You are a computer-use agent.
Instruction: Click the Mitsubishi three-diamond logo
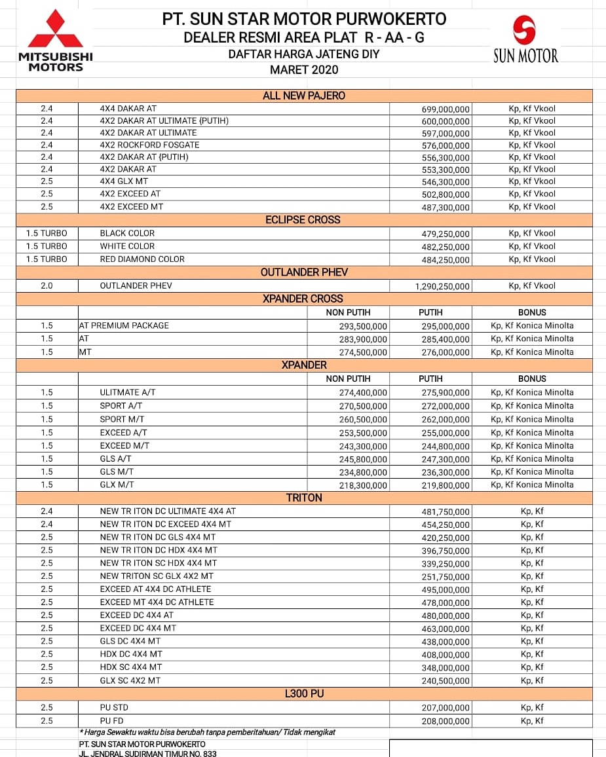pyautogui.click(x=55, y=29)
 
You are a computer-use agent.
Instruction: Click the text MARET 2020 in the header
pyautogui.click(x=304, y=69)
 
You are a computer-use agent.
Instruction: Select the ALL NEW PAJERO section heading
pyautogui.click(x=304, y=96)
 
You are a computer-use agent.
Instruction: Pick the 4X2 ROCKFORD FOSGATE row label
pyautogui.click(x=149, y=145)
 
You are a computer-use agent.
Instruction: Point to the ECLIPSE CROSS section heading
pyautogui.click(x=303, y=220)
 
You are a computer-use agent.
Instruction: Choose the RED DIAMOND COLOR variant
pyautogui.click(x=142, y=259)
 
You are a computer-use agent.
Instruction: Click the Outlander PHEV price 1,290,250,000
pyautogui.click(x=442, y=287)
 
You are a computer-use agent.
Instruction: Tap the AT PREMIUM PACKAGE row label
pyautogui.click(x=124, y=325)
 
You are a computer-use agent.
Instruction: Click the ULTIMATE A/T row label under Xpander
pyautogui.click(x=128, y=392)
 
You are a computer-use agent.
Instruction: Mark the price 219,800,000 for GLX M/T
pyautogui.click(x=445, y=486)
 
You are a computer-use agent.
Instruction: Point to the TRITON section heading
pyautogui.click(x=304, y=498)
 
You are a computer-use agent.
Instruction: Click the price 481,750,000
pyautogui.click(x=445, y=512)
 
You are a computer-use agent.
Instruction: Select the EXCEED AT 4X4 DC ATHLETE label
pyautogui.click(x=157, y=589)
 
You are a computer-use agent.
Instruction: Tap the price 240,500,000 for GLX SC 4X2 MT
pyautogui.click(x=445, y=681)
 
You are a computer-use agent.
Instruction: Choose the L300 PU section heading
pyautogui.click(x=304, y=693)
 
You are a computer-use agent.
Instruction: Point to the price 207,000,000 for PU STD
pyautogui.click(x=445, y=708)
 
